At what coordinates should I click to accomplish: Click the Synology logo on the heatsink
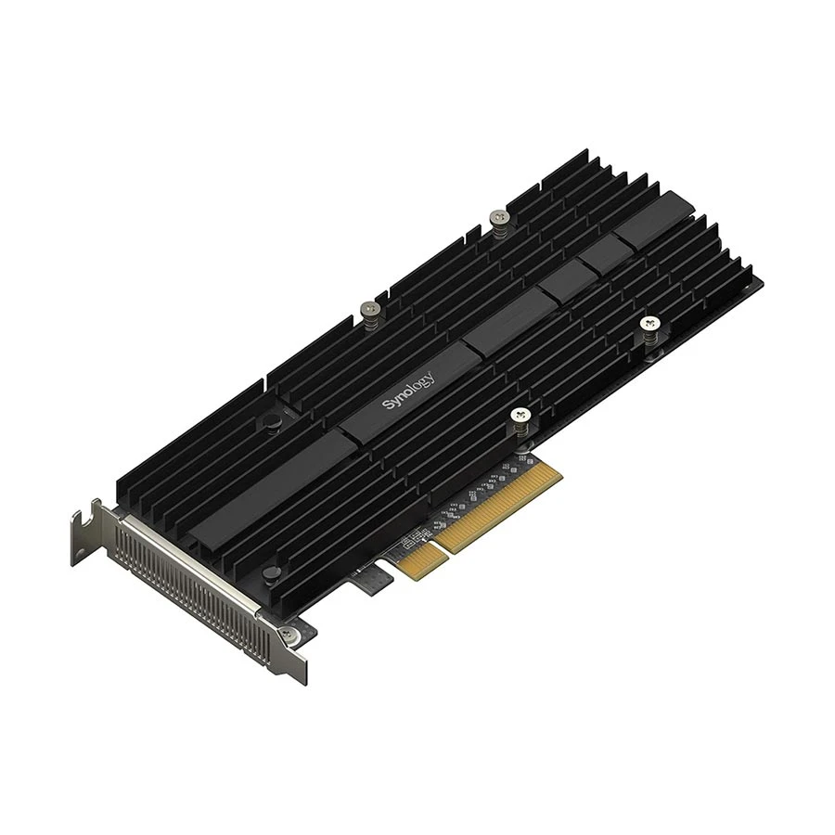409,391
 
